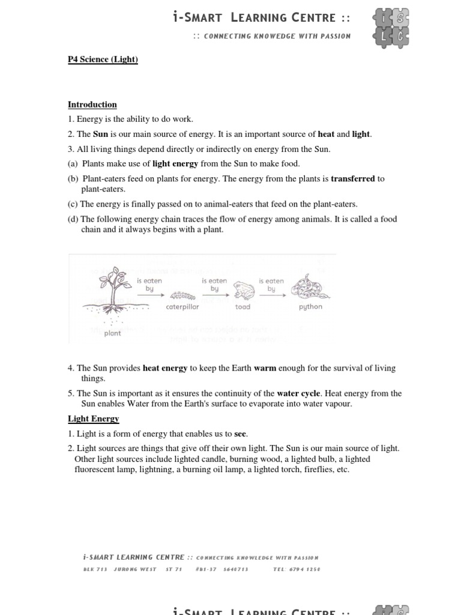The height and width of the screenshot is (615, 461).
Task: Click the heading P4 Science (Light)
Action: click(103, 59)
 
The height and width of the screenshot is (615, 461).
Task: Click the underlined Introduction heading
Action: click(92, 104)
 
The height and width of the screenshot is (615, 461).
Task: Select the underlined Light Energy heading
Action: click(93, 419)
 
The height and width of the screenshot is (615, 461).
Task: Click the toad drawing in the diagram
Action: click(243, 291)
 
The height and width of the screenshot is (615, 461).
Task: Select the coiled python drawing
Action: click(310, 285)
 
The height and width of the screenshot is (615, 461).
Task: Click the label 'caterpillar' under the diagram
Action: click(182, 307)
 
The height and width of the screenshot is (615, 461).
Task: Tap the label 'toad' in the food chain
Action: click(243, 307)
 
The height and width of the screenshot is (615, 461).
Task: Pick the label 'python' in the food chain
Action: click(310, 307)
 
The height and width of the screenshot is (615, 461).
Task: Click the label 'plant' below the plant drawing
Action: click(112, 333)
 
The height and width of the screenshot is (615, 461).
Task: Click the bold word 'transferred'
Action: click(353, 178)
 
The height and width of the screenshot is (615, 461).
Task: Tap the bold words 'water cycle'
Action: click(298, 393)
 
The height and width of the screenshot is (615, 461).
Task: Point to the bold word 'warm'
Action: click(265, 368)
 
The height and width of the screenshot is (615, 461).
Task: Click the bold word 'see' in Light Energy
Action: click(241, 434)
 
